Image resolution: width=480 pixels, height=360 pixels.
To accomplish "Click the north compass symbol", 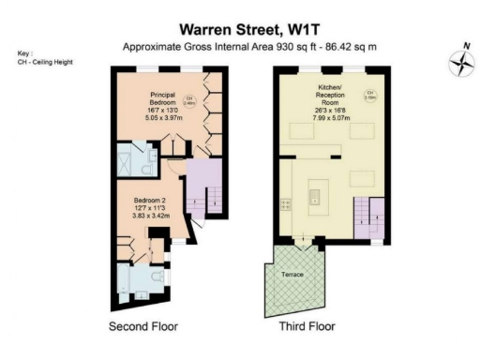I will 461,63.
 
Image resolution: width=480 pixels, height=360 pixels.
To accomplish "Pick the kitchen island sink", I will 315,198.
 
